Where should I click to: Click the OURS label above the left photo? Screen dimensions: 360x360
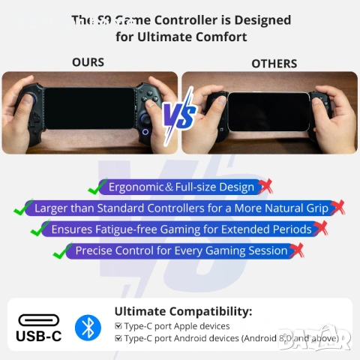[x=88, y=61]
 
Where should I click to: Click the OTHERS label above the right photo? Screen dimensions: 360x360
[x=274, y=63]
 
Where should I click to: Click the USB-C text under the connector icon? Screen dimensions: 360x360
[x=39, y=337]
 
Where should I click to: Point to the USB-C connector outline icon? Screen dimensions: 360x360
[x=39, y=319]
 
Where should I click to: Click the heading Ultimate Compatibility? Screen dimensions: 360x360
[x=183, y=311]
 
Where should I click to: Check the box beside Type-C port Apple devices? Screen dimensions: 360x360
[x=118, y=326]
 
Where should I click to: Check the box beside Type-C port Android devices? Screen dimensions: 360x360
[x=118, y=338]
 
